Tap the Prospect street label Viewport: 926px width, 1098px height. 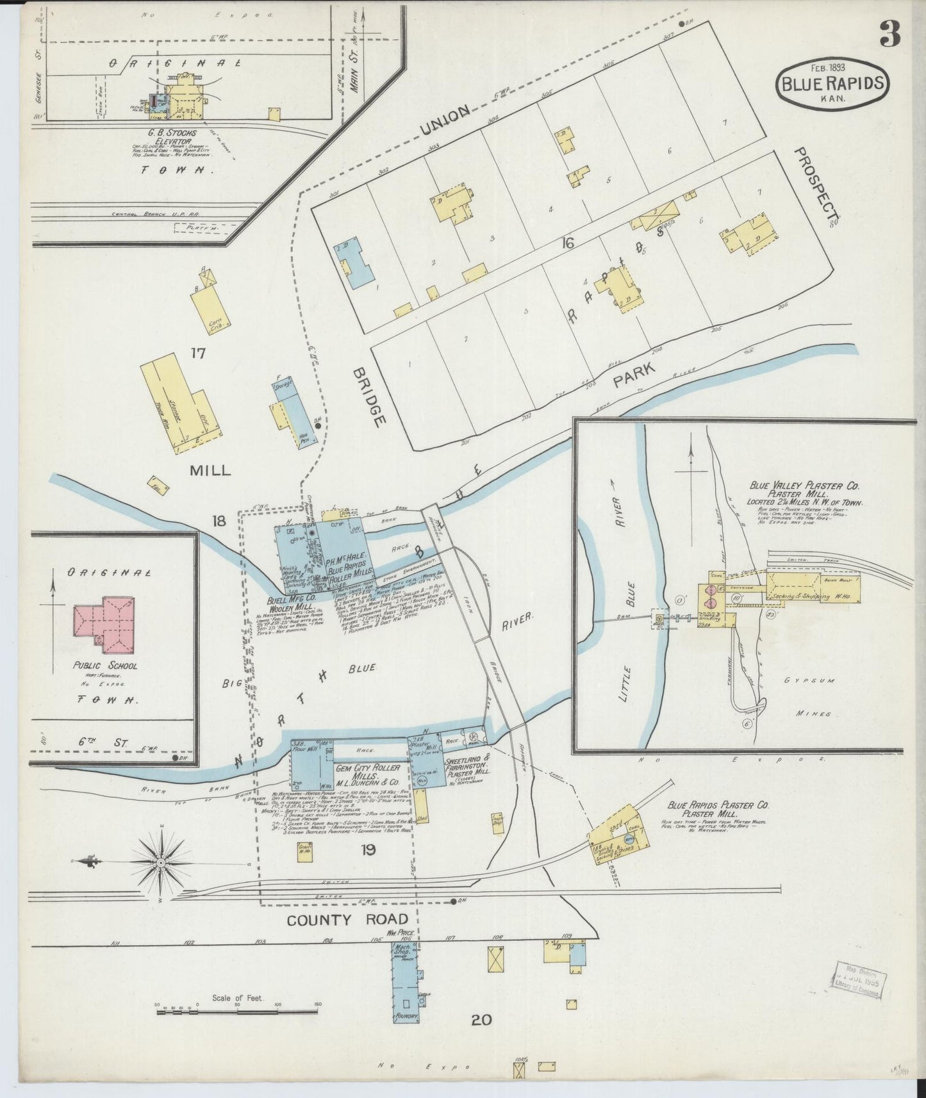click(x=816, y=187)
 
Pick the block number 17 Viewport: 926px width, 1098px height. click(x=197, y=352)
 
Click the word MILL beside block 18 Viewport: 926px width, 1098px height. click(x=210, y=470)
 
